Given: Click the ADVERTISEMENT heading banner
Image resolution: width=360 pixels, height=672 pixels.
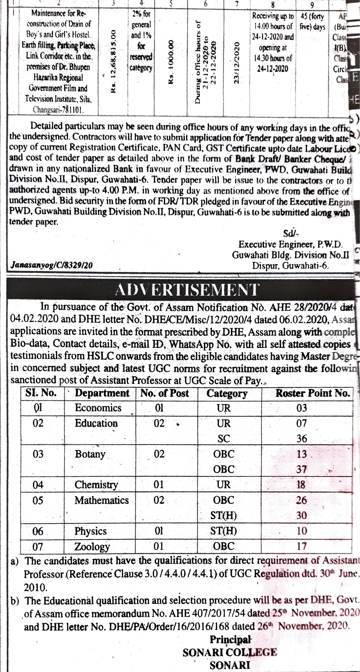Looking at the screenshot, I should [x=187, y=290].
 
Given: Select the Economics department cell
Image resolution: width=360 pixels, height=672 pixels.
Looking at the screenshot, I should [x=98, y=408].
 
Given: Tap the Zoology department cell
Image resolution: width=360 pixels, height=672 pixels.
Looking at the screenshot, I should [x=92, y=546].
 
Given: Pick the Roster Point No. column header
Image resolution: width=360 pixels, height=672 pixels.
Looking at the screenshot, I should [x=313, y=393].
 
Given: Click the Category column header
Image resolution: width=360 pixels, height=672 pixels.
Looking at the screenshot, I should [x=227, y=393].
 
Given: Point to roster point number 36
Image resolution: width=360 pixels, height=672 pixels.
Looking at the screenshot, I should [x=302, y=439].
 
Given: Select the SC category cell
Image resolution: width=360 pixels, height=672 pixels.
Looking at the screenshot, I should [x=224, y=439].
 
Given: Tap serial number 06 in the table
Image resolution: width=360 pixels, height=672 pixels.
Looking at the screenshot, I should [x=38, y=531].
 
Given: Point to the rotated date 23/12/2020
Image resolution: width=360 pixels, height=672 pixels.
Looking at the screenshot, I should [x=236, y=62].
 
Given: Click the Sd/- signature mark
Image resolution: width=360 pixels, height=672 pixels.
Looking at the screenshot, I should [x=290, y=234].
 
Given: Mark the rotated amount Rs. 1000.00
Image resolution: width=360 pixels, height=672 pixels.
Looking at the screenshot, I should [x=171, y=61].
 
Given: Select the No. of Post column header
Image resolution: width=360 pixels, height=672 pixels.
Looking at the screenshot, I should [x=164, y=393].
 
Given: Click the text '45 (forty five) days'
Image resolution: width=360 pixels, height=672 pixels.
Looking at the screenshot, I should [x=312, y=21].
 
